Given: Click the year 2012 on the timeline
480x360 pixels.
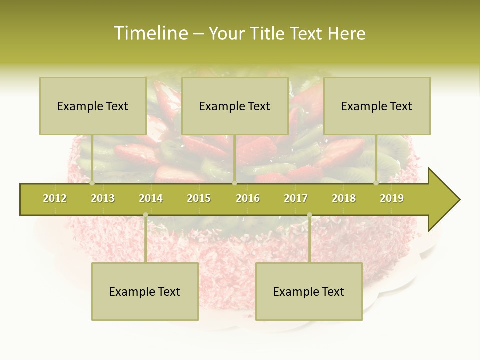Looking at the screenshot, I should point(55,198).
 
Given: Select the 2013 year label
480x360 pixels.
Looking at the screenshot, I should point(103,198).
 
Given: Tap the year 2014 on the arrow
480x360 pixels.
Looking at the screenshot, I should point(151,198).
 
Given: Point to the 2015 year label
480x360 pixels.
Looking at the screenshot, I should point(199,198).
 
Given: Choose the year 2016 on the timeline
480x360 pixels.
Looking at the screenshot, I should point(248,198).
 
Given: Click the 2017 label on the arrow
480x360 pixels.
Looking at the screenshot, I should point(296,198).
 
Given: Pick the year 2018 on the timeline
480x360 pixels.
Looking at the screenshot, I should point(344,198).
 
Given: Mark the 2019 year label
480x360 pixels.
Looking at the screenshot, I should point(392,198).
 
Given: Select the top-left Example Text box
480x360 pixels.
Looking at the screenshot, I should point(93,106).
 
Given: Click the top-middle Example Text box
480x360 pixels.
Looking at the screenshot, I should point(235,106).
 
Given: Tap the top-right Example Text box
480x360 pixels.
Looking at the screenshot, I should point(377,106).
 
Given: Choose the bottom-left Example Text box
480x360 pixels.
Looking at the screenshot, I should point(145,291).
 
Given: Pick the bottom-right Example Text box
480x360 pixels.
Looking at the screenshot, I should point(309,291).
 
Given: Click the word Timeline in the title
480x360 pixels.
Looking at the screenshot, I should point(150,33).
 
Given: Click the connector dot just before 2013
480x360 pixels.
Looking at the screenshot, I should point(92,183).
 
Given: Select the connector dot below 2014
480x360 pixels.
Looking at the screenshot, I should point(145,215).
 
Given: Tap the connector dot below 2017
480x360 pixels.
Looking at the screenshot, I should point(309,215).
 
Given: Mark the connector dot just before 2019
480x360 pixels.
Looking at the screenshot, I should point(376,183).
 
